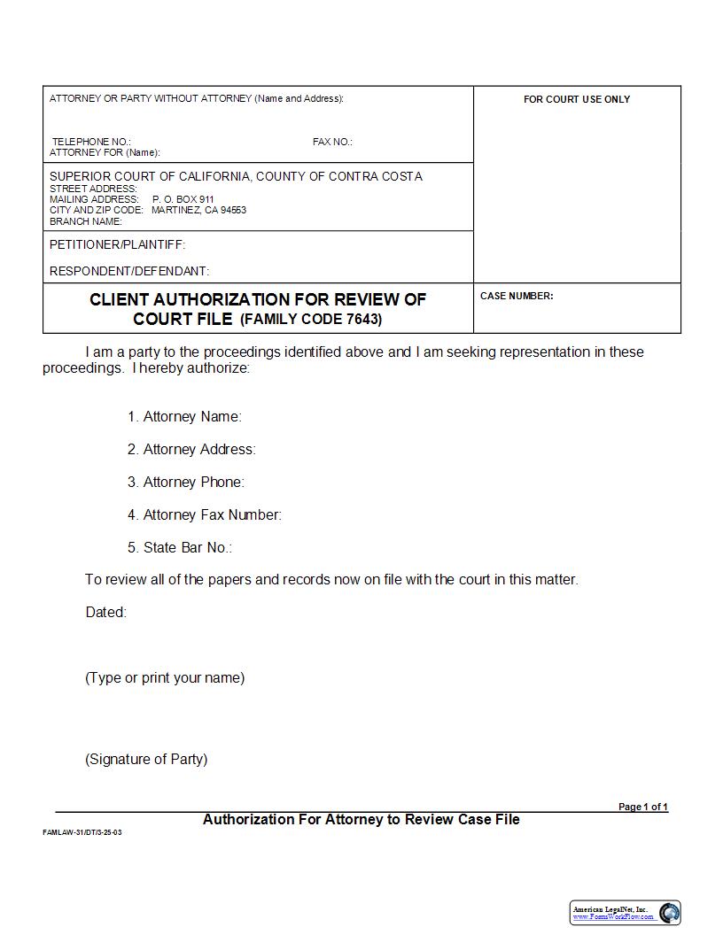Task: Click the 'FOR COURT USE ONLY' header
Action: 577,99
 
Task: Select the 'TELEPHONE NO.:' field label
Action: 91,142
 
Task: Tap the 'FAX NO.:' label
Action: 332,142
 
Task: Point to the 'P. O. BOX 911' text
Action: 183,199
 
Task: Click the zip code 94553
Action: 233,210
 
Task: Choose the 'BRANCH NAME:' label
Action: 86,221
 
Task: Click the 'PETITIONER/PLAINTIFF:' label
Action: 118,244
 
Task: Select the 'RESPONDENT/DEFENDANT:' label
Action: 129,271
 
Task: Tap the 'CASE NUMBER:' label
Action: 517,296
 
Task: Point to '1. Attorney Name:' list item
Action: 184,416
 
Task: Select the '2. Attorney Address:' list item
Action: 191,449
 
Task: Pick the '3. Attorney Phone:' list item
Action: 186,482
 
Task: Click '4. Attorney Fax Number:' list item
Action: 204,514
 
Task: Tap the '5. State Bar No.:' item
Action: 179,547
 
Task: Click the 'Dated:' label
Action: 106,612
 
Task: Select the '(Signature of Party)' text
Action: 146,759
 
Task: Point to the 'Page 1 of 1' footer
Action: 642,807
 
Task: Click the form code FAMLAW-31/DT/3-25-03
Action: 82,833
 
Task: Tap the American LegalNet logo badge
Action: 625,912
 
